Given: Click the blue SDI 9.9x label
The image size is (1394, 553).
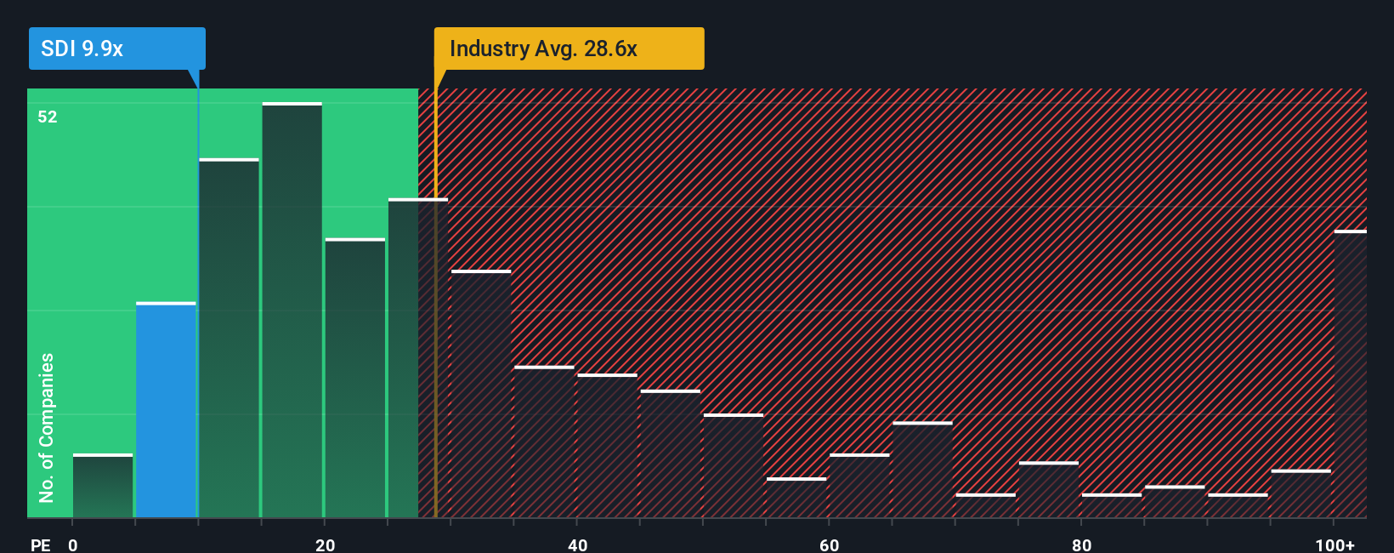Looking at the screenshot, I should click(116, 48).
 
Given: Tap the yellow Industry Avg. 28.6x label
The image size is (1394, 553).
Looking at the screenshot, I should click(569, 48).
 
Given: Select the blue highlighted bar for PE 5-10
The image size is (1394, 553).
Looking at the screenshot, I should click(166, 410).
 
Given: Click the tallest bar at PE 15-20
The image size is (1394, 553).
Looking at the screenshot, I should click(292, 311).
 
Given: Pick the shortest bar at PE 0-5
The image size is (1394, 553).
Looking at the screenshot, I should click(103, 486).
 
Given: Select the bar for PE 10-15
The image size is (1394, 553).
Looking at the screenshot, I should click(229, 339).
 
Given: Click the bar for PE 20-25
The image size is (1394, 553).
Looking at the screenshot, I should click(355, 379).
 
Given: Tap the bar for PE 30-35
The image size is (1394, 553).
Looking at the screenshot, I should click(481, 394).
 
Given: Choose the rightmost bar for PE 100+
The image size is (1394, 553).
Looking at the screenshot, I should click(1350, 374).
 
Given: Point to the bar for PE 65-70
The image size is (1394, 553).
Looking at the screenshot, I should click(922, 470).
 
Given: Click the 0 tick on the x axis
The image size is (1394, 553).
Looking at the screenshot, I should click(73, 544).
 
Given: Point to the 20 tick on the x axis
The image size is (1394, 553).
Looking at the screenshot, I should click(325, 544).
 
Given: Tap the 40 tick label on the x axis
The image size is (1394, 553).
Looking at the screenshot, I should click(577, 544).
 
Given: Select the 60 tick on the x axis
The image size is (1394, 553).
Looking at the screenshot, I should click(829, 544).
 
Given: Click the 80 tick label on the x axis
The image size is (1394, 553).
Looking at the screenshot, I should click(1081, 544).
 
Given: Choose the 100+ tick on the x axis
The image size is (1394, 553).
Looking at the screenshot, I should click(1334, 544).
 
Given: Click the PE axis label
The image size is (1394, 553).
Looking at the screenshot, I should click(40, 544).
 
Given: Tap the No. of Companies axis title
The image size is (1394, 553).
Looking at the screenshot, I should click(47, 427).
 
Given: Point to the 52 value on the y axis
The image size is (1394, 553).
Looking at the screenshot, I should click(48, 117).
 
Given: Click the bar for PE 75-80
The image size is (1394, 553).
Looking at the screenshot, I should click(1049, 490).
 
